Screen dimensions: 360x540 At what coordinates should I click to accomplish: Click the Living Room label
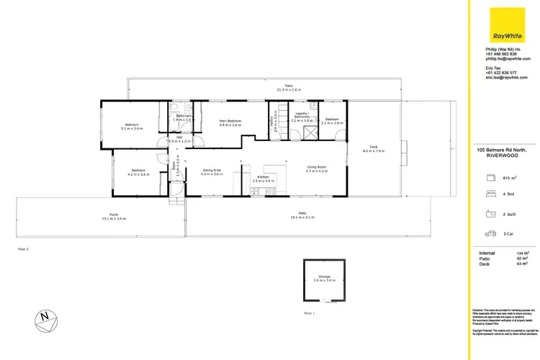click(317, 169)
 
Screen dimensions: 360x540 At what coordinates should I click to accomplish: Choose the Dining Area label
click(212, 171)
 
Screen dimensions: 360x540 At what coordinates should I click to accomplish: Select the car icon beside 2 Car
click(490, 233)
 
